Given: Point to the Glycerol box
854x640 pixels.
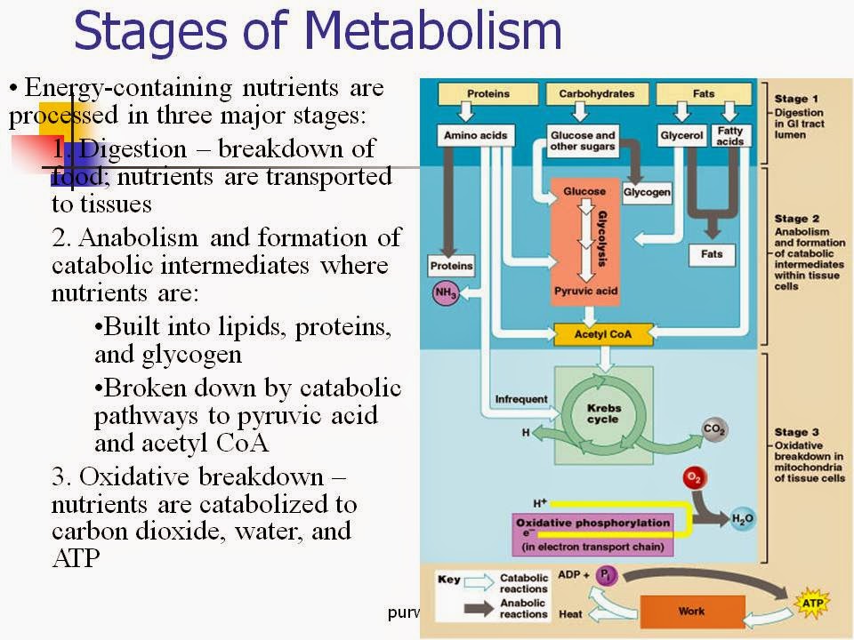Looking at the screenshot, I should [x=682, y=137].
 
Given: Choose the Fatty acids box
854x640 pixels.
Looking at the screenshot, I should [x=729, y=136].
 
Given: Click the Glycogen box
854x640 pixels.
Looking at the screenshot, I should [x=647, y=191].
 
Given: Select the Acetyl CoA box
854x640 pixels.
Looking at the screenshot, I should [x=603, y=336].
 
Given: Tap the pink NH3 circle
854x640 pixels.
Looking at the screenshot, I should [x=445, y=292].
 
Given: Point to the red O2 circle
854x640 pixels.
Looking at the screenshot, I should [x=694, y=479].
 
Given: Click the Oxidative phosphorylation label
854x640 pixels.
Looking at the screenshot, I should [x=592, y=523].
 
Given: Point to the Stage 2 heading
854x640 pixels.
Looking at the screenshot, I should [x=790, y=218].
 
